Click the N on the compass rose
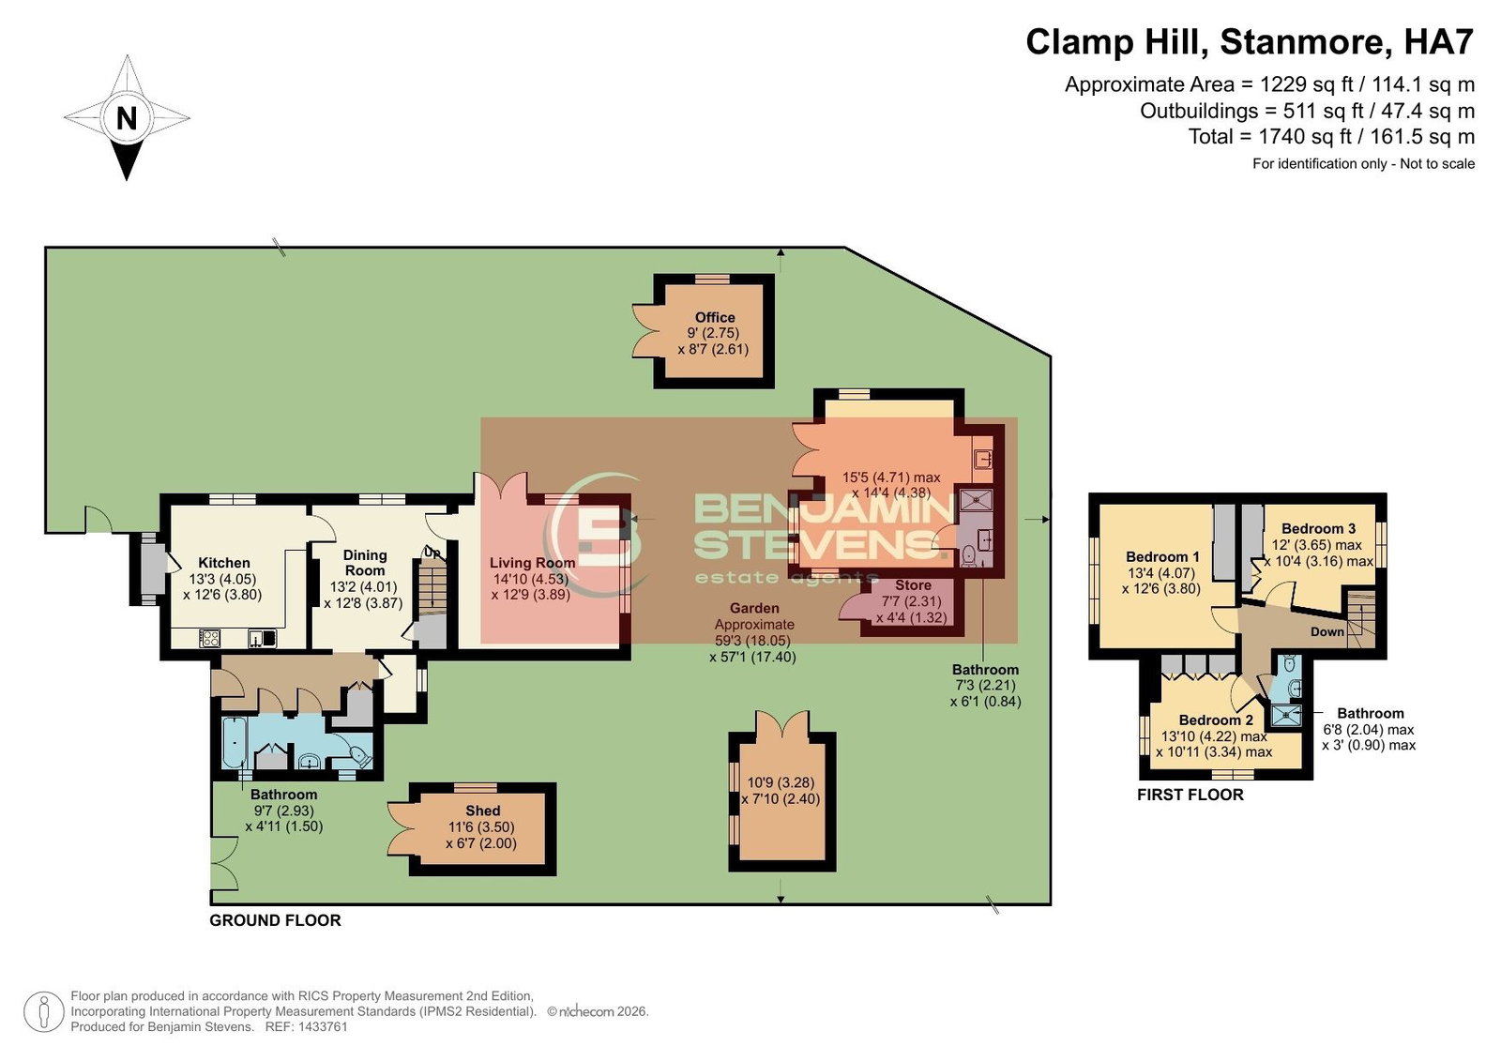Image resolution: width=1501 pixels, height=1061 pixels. point(127,118)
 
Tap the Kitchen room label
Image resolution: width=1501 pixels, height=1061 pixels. point(224,563)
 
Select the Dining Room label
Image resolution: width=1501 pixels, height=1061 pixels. point(365,563)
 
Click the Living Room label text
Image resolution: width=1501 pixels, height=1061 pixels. point(532,563)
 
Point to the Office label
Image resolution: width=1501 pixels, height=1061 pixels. point(714,317)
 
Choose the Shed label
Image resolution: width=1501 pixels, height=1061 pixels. point(482,811)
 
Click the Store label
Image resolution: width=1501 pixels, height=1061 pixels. point(913,585)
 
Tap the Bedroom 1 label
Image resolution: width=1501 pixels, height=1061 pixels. point(1162,557)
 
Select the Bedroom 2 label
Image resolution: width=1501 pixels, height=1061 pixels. point(1216,720)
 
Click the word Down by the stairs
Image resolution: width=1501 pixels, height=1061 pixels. point(1327,632)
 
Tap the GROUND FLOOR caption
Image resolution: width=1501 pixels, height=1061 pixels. point(276,920)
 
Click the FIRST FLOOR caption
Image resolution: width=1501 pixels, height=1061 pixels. point(1190,795)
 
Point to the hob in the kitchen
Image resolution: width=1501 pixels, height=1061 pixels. point(209,639)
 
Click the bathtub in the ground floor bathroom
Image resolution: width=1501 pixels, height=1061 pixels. point(235,743)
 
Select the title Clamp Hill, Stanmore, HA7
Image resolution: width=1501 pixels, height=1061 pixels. point(1250,42)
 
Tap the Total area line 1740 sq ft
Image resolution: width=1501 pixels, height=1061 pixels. point(1331,137)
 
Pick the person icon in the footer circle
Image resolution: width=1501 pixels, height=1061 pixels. point(43,1012)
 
